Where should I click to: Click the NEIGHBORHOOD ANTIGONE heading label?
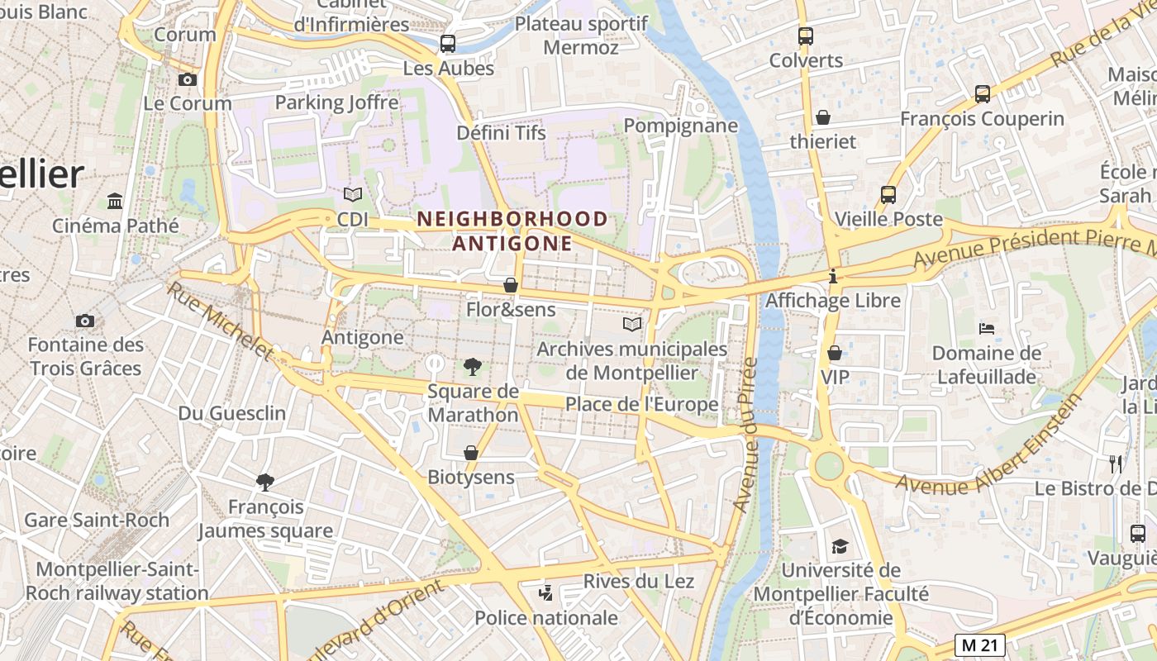(512, 231)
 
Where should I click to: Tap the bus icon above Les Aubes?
(447, 44)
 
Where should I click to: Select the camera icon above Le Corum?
(188, 79)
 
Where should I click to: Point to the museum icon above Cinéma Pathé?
(115, 201)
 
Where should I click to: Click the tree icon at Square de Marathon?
(472, 366)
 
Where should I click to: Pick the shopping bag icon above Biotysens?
(470, 453)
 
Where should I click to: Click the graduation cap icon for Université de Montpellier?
(840, 546)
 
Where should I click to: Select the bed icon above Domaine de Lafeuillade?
(986, 329)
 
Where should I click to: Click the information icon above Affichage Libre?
(833, 277)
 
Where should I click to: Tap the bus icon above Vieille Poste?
(888, 195)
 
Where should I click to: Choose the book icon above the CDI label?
(353, 195)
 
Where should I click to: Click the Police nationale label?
(545, 618)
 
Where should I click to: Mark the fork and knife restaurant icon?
(1116, 464)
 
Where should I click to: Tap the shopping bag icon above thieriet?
(822, 117)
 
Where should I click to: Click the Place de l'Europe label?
(641, 405)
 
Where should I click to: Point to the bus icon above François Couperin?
(982, 94)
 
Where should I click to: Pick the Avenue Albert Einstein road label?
(990, 445)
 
